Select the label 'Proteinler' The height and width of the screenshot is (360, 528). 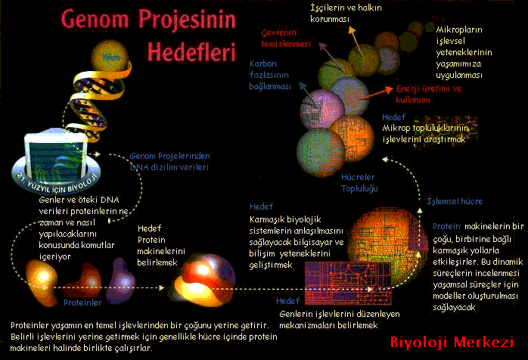tap(82, 303)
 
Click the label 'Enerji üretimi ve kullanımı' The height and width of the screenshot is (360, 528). tap(428, 94)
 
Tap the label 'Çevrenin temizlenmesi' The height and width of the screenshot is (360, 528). tap(287, 39)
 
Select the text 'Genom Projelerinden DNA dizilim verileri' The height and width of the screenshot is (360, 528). tap(169, 161)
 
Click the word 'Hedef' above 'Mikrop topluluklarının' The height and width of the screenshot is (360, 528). tap(394, 117)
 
